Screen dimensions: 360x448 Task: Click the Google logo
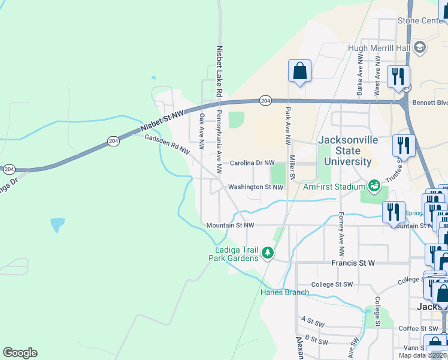20,353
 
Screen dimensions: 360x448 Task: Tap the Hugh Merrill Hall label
379,48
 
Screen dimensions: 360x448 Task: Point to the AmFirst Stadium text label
334,187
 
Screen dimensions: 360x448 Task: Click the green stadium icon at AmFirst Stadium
374,186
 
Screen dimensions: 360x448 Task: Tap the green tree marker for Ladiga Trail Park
268,254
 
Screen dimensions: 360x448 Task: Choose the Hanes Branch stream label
284,293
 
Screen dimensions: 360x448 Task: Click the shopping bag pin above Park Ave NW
299,71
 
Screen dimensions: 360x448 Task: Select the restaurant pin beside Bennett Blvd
398,77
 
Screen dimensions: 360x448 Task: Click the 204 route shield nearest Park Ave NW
264,100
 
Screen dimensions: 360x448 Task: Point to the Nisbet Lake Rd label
219,71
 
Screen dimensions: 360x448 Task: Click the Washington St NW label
255,187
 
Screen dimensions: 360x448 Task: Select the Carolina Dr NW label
252,163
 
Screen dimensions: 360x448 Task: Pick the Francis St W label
353,263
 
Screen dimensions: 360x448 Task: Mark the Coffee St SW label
419,328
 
